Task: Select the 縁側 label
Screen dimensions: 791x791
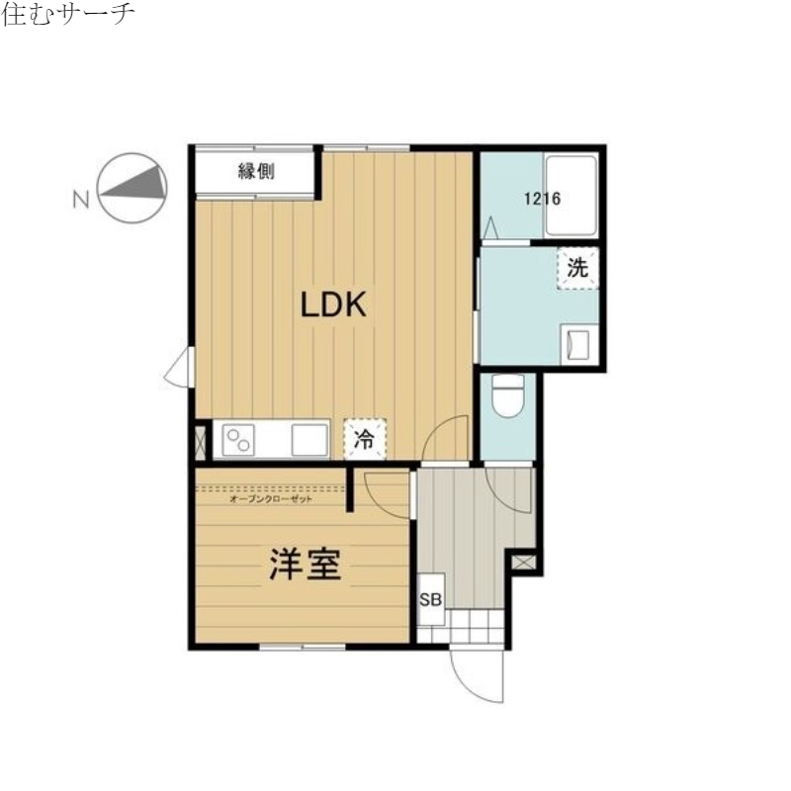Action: [x=255, y=172]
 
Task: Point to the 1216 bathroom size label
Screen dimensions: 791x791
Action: [x=542, y=199]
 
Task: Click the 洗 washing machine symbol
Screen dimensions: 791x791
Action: [x=577, y=266]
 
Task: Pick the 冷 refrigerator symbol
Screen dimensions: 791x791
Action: [x=365, y=439]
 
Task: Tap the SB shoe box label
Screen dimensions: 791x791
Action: [x=430, y=600]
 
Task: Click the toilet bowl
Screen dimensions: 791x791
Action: [x=508, y=397]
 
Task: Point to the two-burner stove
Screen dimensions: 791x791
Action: [x=238, y=439]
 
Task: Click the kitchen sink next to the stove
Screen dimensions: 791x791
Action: [x=309, y=439]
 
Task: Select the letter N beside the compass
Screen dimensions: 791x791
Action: [x=81, y=199]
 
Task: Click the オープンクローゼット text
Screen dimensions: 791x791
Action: [x=270, y=500]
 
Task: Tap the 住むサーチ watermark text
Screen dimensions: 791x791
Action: [x=68, y=17]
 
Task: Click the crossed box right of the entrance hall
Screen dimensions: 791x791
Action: [x=524, y=561]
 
